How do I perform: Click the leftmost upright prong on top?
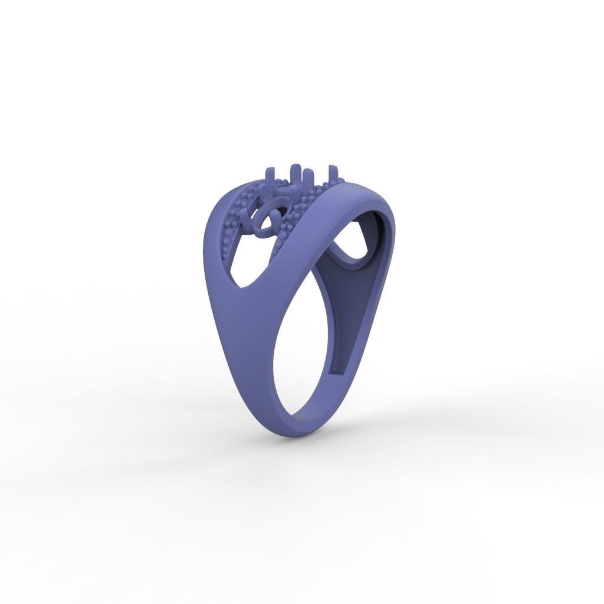pyautogui.click(x=270, y=175)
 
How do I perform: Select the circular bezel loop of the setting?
pyautogui.click(x=265, y=221)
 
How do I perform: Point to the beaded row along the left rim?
pyautogui.click(x=227, y=236)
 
